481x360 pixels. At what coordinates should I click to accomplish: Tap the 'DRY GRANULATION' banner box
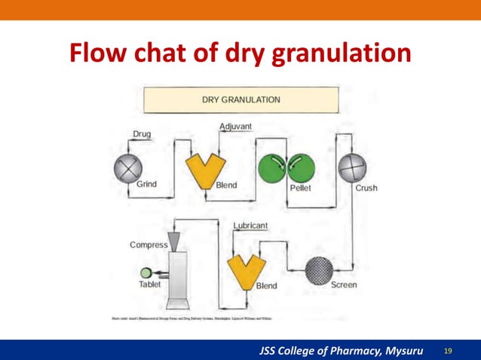point(240,99)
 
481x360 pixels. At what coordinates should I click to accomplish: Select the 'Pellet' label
point(300,188)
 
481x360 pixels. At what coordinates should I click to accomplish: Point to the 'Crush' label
point(366,188)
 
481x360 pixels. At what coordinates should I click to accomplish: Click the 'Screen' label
point(344,285)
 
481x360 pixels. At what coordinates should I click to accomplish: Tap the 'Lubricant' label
point(249,225)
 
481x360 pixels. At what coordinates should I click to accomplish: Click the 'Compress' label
point(149,245)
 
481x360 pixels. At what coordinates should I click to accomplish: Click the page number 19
point(449,351)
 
